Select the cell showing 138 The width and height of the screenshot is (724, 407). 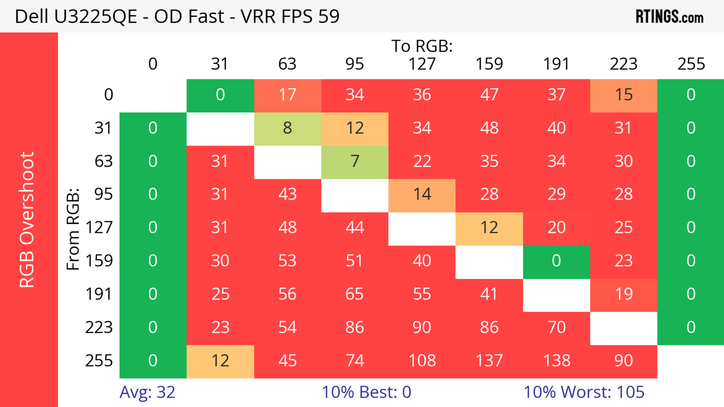557,361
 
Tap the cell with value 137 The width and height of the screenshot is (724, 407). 489,361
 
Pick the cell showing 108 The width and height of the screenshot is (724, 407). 422,361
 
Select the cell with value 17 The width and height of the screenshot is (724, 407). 288,95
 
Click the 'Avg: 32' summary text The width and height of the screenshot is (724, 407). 147,392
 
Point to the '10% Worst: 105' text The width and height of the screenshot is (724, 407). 584,392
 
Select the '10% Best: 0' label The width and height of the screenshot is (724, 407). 366,392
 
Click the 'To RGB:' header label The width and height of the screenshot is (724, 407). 422,46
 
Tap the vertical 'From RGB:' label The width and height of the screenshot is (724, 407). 73,229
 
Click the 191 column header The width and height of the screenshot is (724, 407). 557,64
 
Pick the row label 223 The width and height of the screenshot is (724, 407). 99,328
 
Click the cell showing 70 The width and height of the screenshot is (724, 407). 557,328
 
